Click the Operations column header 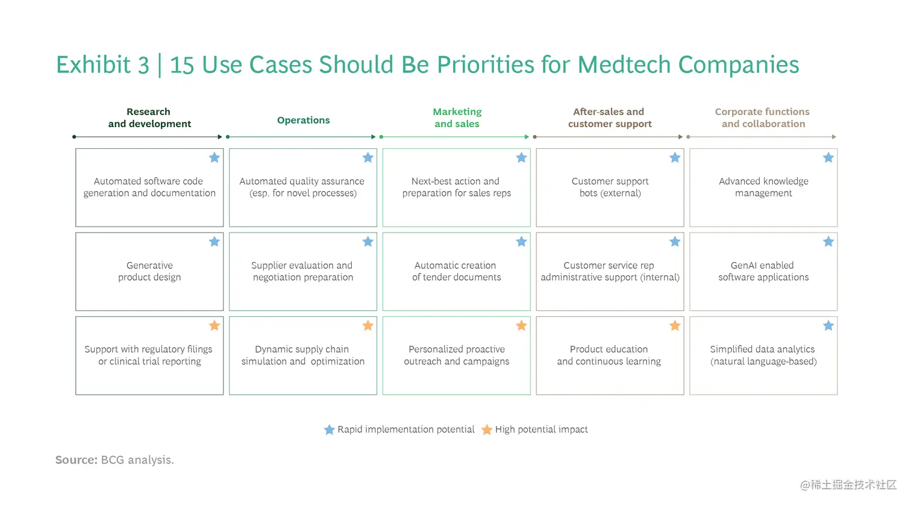coord(304,120)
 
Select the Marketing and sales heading coord(457,118)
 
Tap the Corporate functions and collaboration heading coord(763,118)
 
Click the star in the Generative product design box coord(214,242)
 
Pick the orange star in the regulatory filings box coord(214,325)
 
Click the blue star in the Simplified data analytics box coord(828,325)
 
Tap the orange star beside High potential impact coord(487,430)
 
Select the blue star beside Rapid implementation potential coord(330,430)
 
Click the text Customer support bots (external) coord(610,187)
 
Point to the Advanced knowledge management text coord(763,187)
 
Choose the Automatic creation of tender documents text coord(456,271)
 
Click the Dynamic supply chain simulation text coord(302,356)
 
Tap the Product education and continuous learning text coord(609,356)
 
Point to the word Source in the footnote coord(77,460)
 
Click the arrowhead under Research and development coord(220,137)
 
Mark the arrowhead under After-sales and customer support coord(680,137)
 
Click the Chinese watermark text coord(848,485)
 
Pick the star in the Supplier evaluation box coord(368,242)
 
